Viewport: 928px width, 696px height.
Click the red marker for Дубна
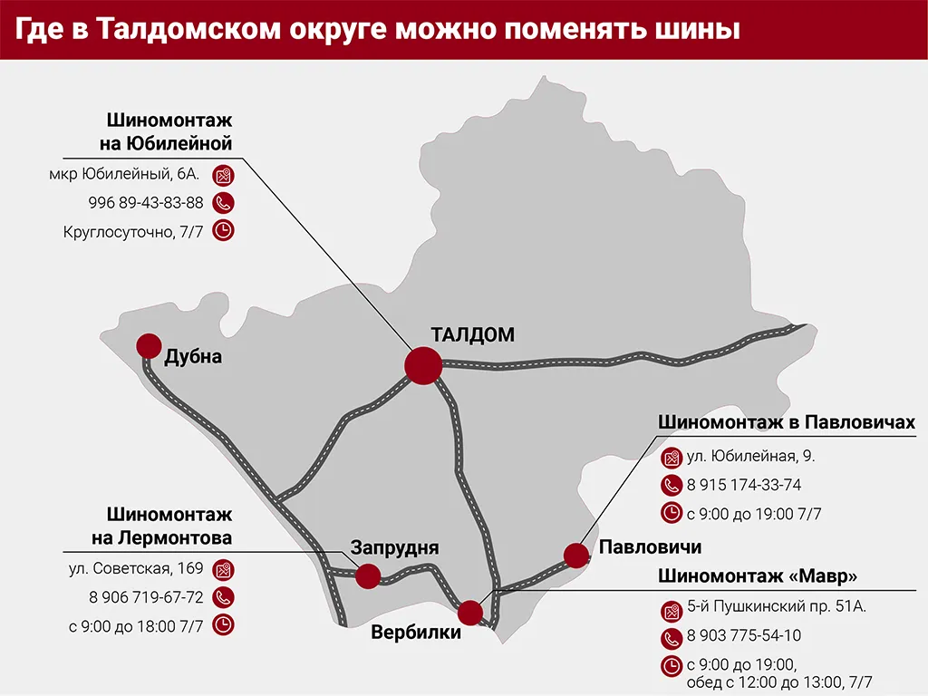point(148,345)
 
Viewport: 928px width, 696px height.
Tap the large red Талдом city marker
point(422,365)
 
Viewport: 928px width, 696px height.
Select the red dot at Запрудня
point(368,575)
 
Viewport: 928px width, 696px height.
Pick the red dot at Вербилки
point(470,613)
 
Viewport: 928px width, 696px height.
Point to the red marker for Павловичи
point(575,555)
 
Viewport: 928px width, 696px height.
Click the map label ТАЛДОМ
point(472,335)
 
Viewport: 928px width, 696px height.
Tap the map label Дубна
point(193,357)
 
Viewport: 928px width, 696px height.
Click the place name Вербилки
point(416,633)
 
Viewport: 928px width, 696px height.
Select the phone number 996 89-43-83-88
point(146,202)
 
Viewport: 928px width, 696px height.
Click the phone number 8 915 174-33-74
point(744,485)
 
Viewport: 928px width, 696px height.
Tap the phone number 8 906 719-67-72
point(146,597)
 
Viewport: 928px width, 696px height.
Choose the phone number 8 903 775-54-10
point(744,636)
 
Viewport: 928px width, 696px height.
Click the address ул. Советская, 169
point(137,569)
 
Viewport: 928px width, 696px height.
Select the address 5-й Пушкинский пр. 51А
point(776,606)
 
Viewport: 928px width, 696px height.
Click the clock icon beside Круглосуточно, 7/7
point(223,230)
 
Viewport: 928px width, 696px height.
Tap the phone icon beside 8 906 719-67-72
point(223,597)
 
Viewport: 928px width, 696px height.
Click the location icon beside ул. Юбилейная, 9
point(672,457)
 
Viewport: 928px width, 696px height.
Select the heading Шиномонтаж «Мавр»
point(758,575)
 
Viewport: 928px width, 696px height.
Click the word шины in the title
point(696,29)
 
